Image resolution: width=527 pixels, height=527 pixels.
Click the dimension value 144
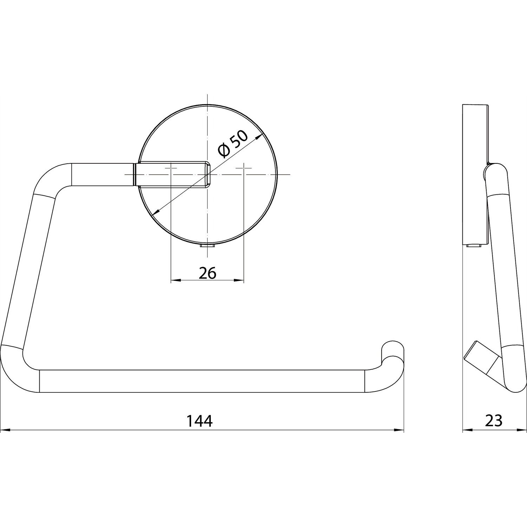[199, 421]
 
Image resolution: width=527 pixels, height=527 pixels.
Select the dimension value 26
[207, 273]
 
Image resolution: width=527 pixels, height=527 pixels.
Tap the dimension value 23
[494, 421]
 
